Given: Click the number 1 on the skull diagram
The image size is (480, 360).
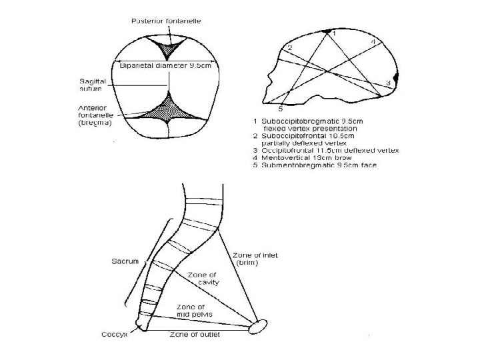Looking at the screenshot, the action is coord(334,32).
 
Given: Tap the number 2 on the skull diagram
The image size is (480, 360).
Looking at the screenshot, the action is coord(289,48).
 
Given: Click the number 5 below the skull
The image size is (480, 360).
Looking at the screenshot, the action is coord(281,107).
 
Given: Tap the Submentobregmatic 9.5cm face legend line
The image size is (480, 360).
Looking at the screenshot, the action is coord(315,166).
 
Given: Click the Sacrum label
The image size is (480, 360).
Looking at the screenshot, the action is coord(125,261).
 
